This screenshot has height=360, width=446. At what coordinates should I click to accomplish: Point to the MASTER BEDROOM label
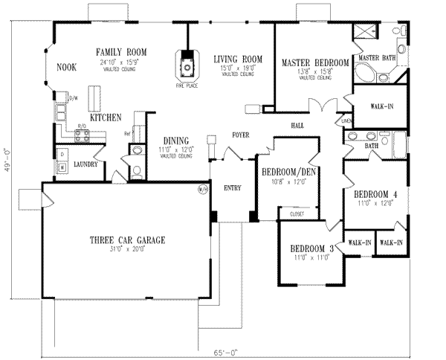click(315, 63)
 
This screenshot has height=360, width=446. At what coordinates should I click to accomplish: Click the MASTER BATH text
click(377, 58)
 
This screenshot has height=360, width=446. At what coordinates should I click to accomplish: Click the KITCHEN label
click(106, 118)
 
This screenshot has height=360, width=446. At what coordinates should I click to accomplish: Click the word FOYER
click(239, 135)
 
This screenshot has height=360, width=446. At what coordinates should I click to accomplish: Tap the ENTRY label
click(233, 188)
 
